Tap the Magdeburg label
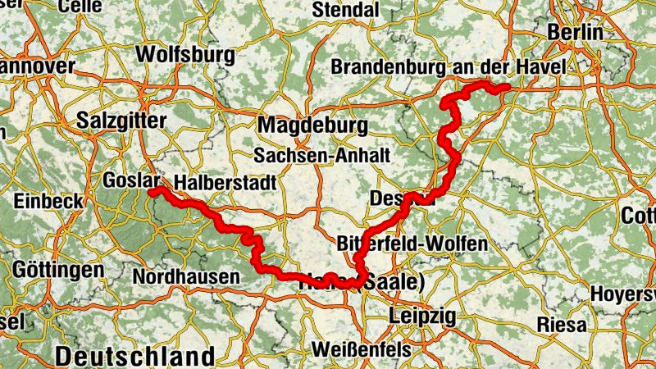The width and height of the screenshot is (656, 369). coord(312,125)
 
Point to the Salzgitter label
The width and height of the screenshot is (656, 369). coord(121,120)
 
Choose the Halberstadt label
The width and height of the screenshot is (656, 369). coord(224,182)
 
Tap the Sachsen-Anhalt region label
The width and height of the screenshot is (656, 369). coord(321,155)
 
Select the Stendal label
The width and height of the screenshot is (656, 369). coord(345,10)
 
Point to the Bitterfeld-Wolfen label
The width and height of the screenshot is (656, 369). coord(412,244)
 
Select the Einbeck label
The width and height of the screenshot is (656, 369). coord(48,201)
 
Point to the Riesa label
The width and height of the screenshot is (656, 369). coord(562,324)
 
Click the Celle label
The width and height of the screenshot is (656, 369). coord(80,6)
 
